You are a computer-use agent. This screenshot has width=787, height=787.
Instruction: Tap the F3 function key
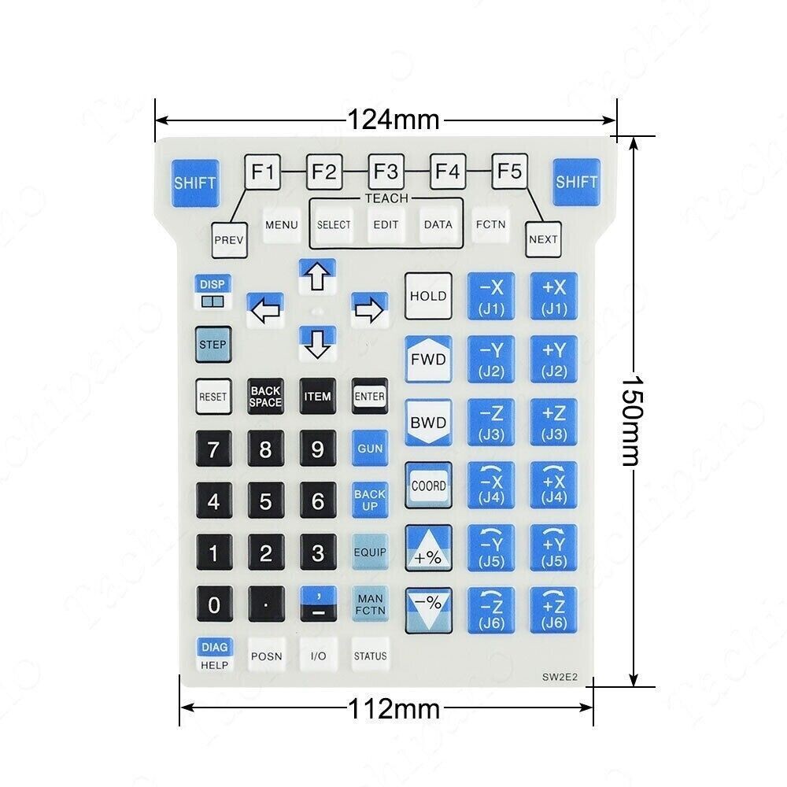pyautogui.click(x=386, y=172)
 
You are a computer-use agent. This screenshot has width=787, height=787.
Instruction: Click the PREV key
pyautogui.click(x=229, y=240)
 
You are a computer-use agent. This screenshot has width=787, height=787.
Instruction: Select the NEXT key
pyautogui.click(x=543, y=239)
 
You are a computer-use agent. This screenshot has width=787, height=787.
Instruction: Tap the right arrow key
pyautogui.click(x=369, y=310)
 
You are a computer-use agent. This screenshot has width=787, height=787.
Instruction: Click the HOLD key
pyautogui.click(x=428, y=296)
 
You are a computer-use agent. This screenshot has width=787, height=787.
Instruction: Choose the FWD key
pyautogui.click(x=428, y=360)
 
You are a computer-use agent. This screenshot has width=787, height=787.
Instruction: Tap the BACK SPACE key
pyautogui.click(x=265, y=397)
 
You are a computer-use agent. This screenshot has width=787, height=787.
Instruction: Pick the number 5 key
pyautogui.click(x=265, y=501)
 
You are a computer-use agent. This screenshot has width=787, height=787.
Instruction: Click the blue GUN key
pyautogui.click(x=370, y=449)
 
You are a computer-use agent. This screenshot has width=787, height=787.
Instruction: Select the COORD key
pyautogui.click(x=428, y=486)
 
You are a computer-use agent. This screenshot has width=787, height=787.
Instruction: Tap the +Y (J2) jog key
pyautogui.click(x=554, y=360)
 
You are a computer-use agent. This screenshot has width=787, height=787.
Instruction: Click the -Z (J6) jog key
pyautogui.click(x=491, y=611)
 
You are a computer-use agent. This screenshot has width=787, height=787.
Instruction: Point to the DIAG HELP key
pyautogui.click(x=214, y=656)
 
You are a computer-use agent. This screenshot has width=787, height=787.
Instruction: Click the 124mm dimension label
pyautogui.click(x=393, y=120)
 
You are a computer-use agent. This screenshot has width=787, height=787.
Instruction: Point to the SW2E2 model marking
pyautogui.click(x=560, y=677)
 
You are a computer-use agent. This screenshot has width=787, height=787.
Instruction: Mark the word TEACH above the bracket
pyautogui.click(x=386, y=198)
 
